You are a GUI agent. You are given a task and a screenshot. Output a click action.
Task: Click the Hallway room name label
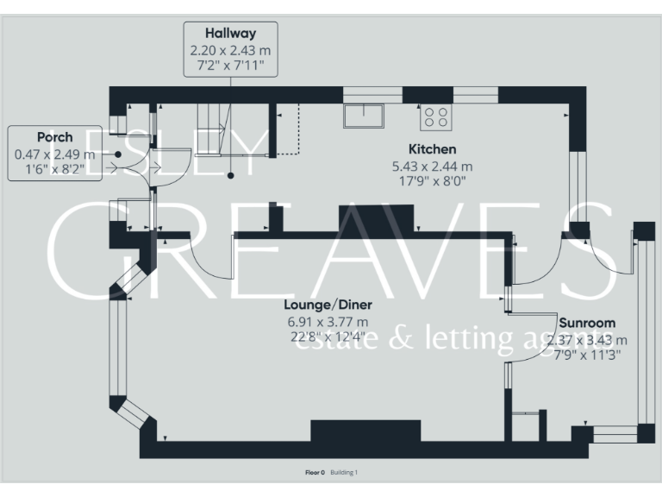(230, 34)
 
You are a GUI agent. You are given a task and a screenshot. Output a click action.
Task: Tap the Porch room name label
(54, 137)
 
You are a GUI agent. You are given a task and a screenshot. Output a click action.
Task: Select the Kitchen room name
(433, 149)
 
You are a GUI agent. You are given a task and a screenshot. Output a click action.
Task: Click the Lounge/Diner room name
(328, 305)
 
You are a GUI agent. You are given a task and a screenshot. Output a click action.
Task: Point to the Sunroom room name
(586, 324)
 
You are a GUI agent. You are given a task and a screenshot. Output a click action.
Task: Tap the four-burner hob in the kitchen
(434, 116)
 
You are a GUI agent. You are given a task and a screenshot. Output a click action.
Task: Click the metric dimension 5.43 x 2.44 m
(433, 166)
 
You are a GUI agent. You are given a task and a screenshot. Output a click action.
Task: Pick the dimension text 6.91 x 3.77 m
(328, 322)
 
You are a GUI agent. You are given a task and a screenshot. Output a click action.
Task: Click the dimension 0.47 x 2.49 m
(54, 154)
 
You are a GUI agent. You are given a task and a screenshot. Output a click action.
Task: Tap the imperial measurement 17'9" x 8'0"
(433, 181)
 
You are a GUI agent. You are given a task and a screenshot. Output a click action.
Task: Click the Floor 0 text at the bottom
(315, 473)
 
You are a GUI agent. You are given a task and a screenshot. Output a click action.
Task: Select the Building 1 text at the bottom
(344, 473)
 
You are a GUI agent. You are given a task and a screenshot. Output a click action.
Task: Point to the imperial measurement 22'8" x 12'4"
(328, 337)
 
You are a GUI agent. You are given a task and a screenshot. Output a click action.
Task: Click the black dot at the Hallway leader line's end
(231, 177)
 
